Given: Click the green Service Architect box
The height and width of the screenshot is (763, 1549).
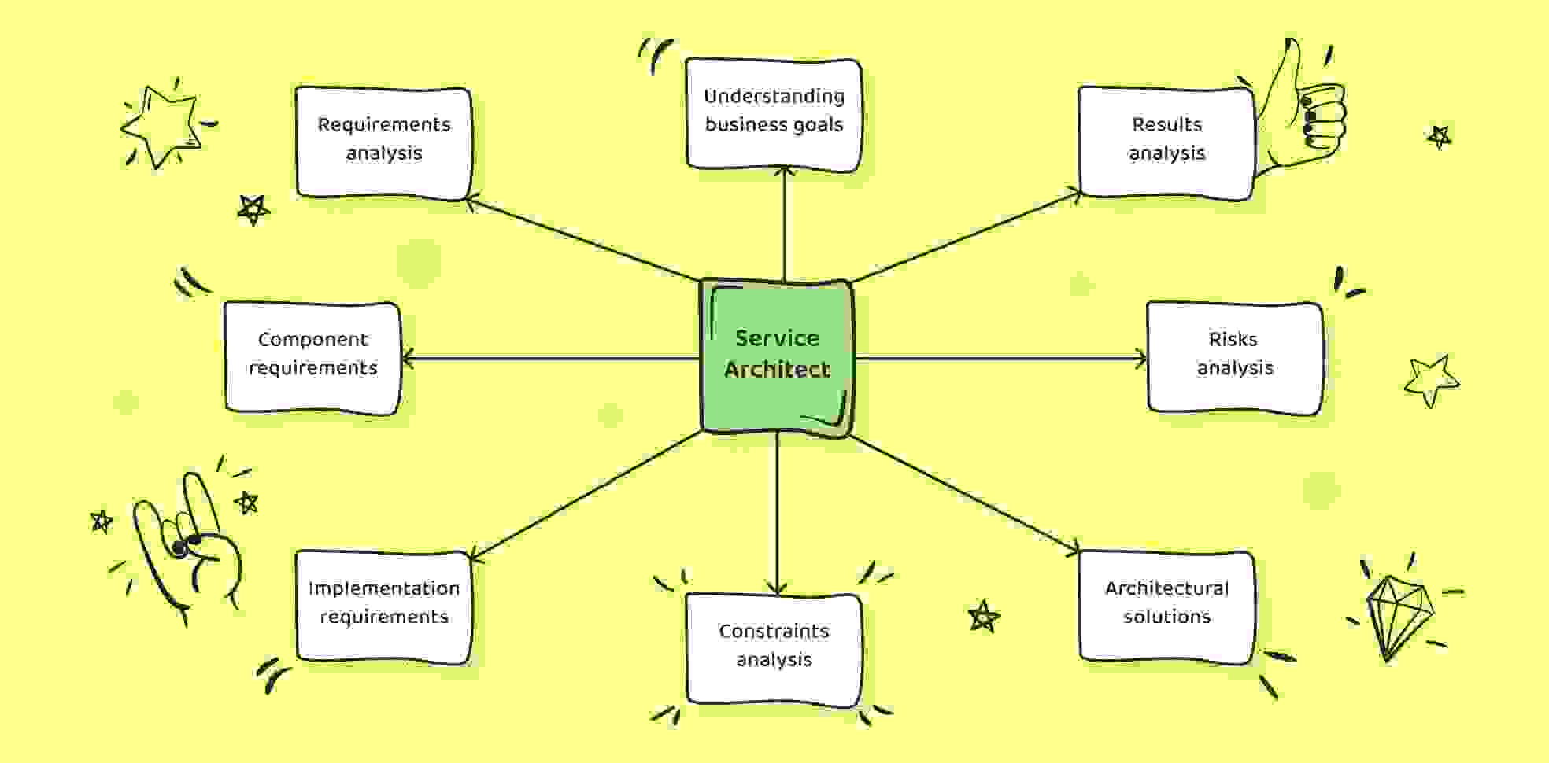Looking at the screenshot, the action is pyautogui.click(x=777, y=357).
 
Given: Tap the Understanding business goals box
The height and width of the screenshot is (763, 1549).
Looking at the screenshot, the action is pyautogui.click(x=774, y=114).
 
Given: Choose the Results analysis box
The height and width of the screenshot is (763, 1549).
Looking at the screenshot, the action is pyautogui.click(x=1166, y=142).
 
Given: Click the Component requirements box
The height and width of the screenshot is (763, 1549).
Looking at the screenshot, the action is pyautogui.click(x=312, y=357).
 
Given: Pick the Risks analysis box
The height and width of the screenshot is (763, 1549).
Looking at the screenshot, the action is pyautogui.click(x=1235, y=357).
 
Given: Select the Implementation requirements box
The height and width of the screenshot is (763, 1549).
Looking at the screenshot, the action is pyautogui.click(x=384, y=606).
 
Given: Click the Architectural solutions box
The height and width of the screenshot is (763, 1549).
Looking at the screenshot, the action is pyautogui.click(x=1166, y=606).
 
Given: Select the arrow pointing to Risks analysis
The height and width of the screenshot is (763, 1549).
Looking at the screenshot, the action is pyautogui.click(x=1000, y=359).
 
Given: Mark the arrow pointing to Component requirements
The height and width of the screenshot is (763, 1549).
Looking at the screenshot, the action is pyautogui.click(x=550, y=359).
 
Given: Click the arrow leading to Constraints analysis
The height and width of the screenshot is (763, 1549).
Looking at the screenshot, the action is pyautogui.click(x=777, y=512).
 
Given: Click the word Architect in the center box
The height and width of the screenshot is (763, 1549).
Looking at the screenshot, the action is pyautogui.click(x=777, y=369).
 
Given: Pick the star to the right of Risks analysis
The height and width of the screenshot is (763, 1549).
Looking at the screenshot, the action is pyautogui.click(x=1431, y=380).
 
